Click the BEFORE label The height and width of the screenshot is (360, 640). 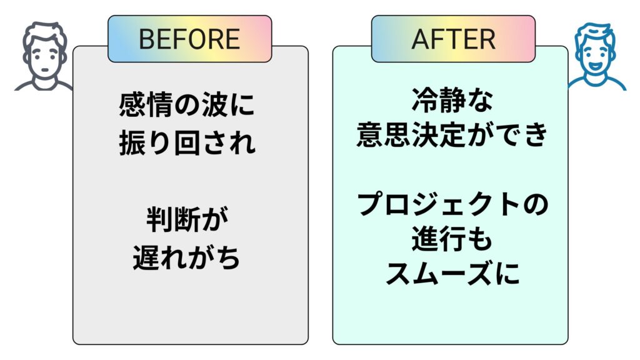coord(189,39)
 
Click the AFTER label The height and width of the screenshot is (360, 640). coord(453,39)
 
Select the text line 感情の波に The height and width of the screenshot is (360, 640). coord(187,106)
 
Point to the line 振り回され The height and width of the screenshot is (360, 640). coord(187,142)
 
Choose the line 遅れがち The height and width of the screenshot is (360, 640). coord(187,258)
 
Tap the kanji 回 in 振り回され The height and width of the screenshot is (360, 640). coord(187,142)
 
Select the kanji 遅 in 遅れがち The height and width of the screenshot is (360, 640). coord(147,258)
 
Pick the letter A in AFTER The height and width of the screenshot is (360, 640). coord(421,39)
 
